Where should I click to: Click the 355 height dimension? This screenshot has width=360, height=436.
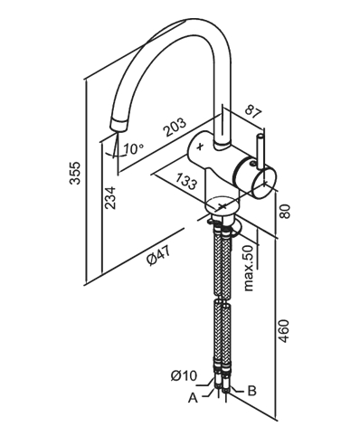click(75, 173)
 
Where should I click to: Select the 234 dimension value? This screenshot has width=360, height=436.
click(110, 198)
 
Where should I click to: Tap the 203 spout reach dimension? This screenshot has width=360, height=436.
click(175, 127)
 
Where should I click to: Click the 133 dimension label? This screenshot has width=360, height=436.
click(186, 181)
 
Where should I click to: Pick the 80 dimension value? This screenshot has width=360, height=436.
click(284, 212)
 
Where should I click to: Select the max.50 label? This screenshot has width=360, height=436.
click(249, 268)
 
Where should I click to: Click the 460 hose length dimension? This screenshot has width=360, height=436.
click(283, 331)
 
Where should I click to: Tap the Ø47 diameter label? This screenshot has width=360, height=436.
click(159, 256)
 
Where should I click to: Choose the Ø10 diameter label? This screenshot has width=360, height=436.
click(184, 375)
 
